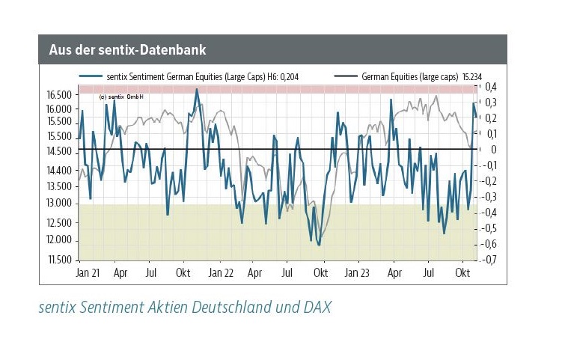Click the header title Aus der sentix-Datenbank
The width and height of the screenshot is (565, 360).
128,50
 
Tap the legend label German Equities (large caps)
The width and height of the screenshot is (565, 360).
409,76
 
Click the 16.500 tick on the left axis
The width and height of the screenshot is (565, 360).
58,95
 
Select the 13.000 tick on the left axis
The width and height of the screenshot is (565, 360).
58,204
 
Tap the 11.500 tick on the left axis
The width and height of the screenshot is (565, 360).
58,260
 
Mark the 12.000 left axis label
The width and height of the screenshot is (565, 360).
58,240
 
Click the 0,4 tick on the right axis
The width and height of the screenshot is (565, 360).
491,87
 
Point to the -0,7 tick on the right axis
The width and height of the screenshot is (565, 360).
489,260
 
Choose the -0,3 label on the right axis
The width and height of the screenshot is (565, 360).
489,197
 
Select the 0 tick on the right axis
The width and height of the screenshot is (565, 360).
494,150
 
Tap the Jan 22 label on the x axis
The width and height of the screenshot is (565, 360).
222,273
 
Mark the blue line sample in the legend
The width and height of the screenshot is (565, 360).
90,76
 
